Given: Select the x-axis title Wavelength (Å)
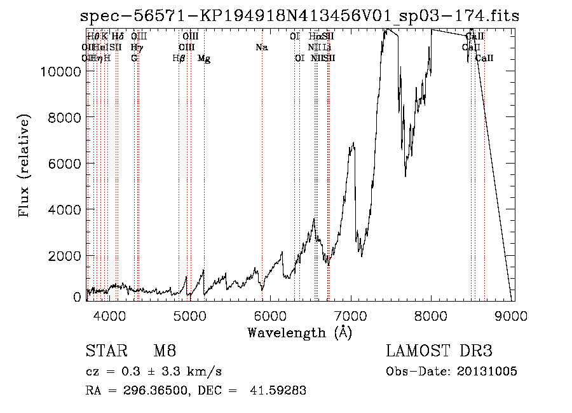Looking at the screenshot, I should (x=299, y=332).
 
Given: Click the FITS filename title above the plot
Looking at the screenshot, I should (x=299, y=16).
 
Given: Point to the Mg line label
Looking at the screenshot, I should (x=204, y=59).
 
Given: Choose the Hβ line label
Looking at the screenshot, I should (x=179, y=59).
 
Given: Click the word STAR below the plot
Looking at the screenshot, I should (x=105, y=351).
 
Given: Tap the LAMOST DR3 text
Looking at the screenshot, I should (x=439, y=351).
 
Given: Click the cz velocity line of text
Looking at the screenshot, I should (x=153, y=372).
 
